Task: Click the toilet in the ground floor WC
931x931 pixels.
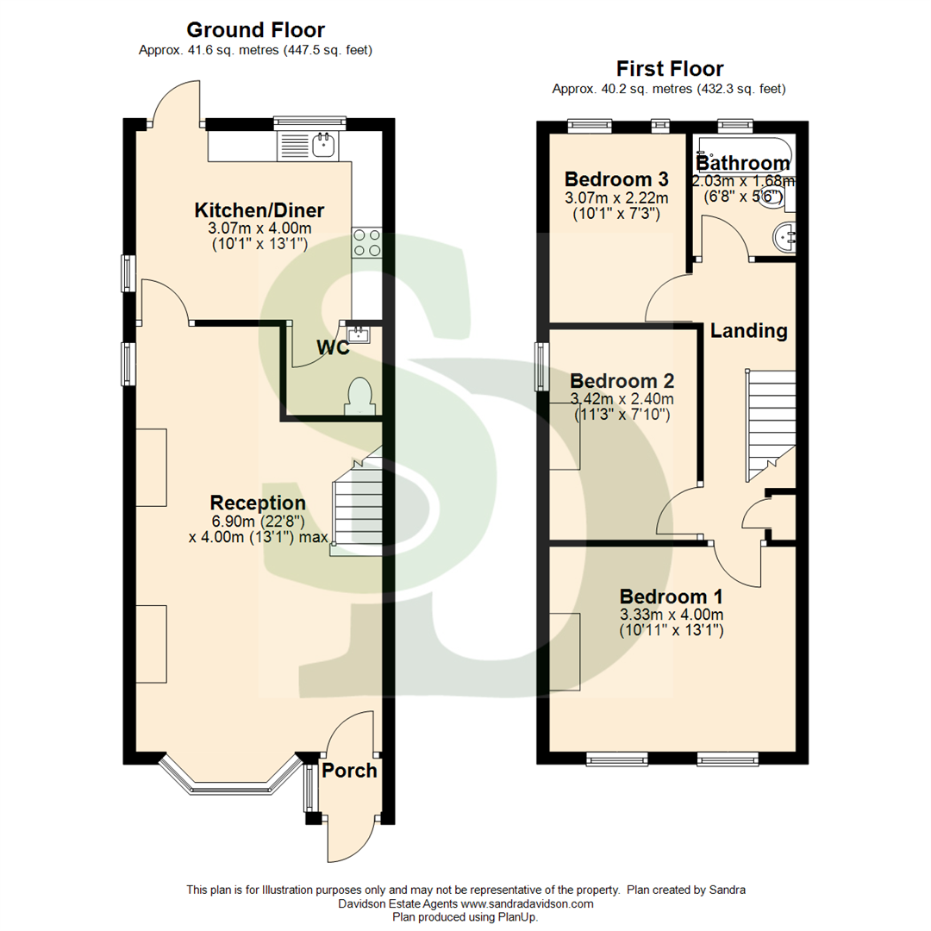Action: click(357, 397)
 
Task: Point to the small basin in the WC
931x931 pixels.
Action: click(357, 333)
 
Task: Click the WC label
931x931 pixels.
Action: click(333, 347)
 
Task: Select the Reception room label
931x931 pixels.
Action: click(258, 503)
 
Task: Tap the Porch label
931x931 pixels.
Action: click(349, 770)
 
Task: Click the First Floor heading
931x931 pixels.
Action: click(670, 69)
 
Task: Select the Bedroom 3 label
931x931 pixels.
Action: click(616, 179)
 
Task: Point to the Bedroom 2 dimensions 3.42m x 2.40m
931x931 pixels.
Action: click(622, 399)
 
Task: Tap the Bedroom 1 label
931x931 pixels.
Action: click(672, 597)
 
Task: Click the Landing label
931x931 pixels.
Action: click(748, 330)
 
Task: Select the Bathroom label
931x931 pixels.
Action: click(742, 163)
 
